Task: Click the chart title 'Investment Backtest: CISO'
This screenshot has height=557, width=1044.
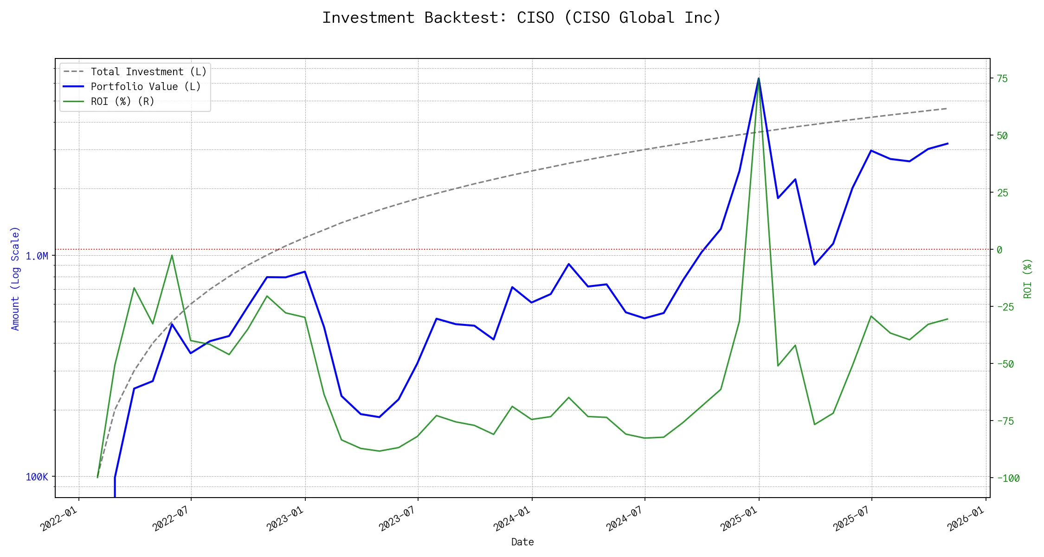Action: click(x=522, y=18)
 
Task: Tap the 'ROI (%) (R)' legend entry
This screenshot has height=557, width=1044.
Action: click(x=122, y=102)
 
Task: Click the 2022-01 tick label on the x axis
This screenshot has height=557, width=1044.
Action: click(x=59, y=518)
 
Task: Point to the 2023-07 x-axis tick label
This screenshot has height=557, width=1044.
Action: click(x=398, y=518)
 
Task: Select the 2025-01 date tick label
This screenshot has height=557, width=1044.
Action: click(x=739, y=518)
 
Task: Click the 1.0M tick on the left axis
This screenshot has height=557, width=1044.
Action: click(x=37, y=256)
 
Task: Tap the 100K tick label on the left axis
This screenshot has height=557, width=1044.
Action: click(x=37, y=477)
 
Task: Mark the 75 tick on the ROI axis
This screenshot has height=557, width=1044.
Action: click(x=1002, y=79)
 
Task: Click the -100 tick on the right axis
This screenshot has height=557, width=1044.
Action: click(x=1008, y=479)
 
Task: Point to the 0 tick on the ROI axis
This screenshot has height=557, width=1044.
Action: click(x=999, y=250)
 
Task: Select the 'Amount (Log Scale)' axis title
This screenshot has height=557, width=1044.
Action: click(x=15, y=278)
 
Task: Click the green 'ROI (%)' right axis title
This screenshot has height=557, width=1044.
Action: click(x=1027, y=278)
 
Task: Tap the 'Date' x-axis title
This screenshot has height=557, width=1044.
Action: click(x=522, y=542)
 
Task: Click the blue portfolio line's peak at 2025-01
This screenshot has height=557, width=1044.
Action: click(x=759, y=78)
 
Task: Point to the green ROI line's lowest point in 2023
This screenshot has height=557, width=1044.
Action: click(x=380, y=451)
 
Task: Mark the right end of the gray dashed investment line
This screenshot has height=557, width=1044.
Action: click(x=947, y=109)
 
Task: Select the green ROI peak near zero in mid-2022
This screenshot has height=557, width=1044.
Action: click(x=172, y=255)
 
